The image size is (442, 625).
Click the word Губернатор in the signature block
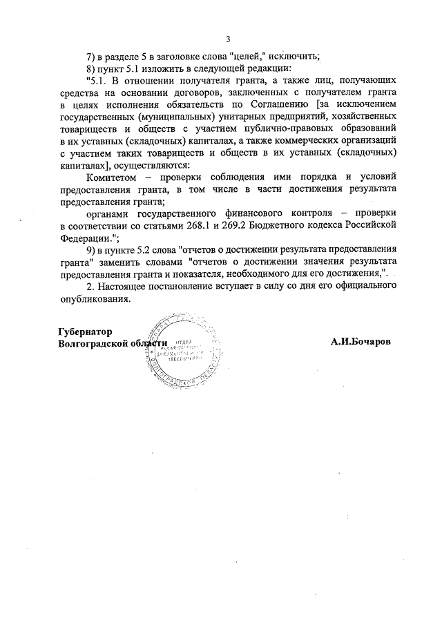point(85,331)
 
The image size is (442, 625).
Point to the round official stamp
point(188,353)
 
